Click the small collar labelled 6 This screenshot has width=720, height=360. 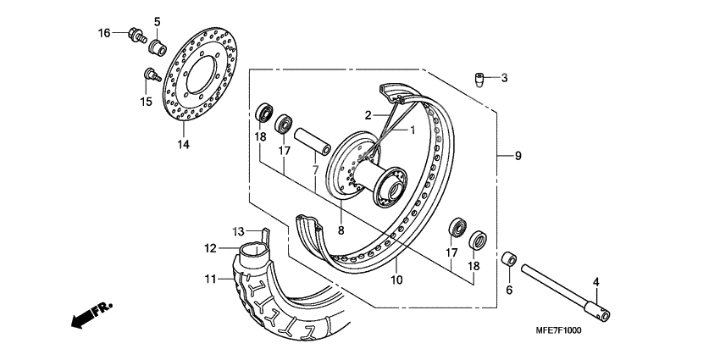pyautogui.click(x=510, y=259)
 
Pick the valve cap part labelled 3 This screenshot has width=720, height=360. pyautogui.click(x=480, y=79)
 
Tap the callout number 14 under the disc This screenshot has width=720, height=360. pyautogui.click(x=183, y=144)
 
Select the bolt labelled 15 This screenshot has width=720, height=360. pyautogui.click(x=149, y=75)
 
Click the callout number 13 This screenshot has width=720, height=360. pyautogui.click(x=240, y=231)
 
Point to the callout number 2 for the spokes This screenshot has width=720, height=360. pyautogui.click(x=369, y=115)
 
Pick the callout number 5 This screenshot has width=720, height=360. pyautogui.click(x=157, y=20)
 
